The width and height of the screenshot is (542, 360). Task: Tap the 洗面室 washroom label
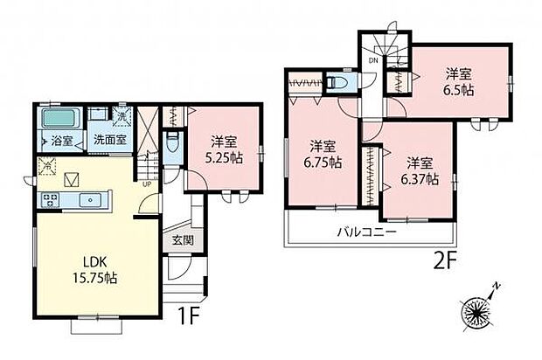109,138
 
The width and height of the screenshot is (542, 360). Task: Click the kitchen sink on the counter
87,199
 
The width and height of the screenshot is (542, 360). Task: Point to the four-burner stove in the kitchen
47,200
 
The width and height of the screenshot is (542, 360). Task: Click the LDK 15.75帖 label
97,270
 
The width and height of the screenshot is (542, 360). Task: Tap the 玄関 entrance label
183,240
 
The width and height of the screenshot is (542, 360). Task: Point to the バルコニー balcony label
368,232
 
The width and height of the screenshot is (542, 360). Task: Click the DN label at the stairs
372,62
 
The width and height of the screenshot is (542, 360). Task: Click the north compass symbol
479,311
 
